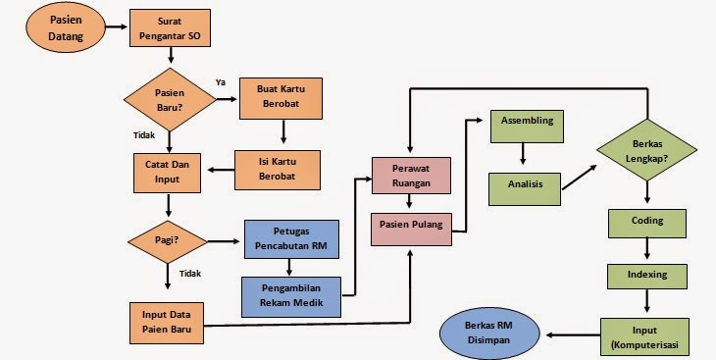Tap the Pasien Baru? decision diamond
click(170, 99)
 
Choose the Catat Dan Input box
click(169, 172)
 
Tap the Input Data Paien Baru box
click(169, 322)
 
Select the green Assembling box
click(528, 122)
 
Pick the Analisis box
click(525, 183)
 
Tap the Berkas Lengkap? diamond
click(647, 150)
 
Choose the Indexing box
click(646, 276)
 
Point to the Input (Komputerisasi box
click(646, 336)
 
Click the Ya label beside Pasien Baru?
click(220, 82)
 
